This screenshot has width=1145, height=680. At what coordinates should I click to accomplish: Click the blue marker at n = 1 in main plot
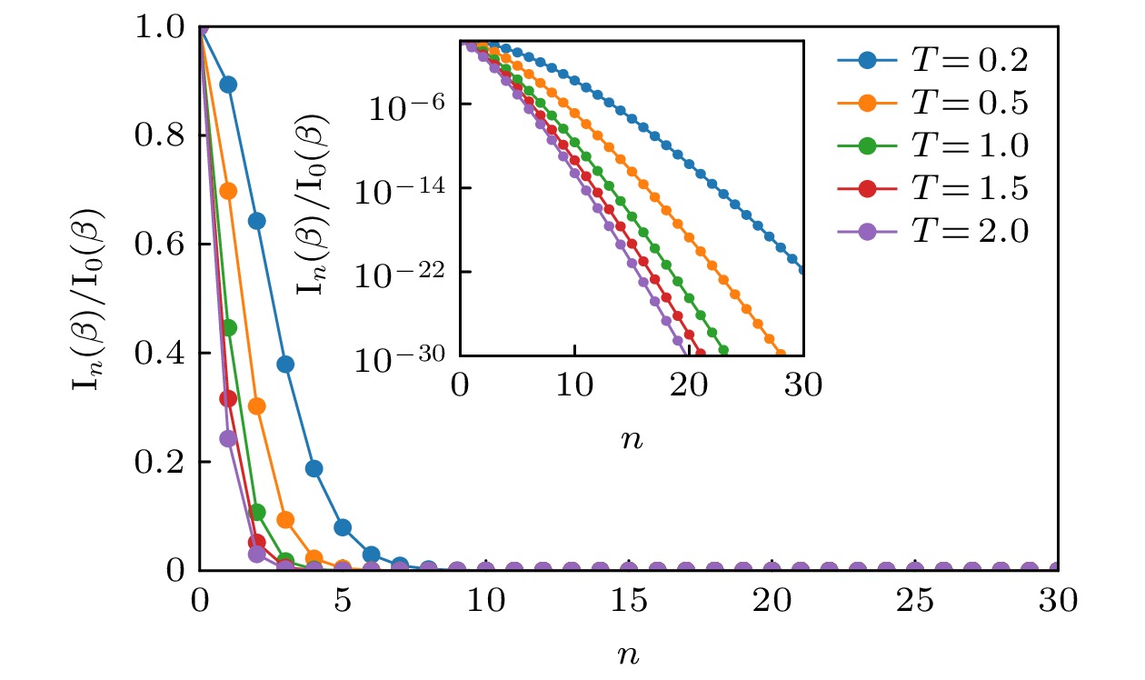pos(229,85)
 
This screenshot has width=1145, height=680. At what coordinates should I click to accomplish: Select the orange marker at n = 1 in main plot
pos(229,191)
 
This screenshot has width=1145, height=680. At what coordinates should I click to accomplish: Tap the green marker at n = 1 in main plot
pos(229,327)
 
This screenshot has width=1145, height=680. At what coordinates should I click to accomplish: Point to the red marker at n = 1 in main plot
pos(228,398)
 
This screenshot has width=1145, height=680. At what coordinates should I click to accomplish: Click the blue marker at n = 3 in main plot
pos(285,365)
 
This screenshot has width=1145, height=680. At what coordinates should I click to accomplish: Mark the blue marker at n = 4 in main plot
pos(314,469)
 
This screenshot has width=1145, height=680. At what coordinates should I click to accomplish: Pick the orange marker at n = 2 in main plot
pos(257,405)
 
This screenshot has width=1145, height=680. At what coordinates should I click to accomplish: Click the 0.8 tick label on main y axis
pos(164,136)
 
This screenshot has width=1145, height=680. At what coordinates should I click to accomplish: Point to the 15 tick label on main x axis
pos(629,602)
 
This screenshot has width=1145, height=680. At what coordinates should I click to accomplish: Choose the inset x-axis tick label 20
pos(689,385)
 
